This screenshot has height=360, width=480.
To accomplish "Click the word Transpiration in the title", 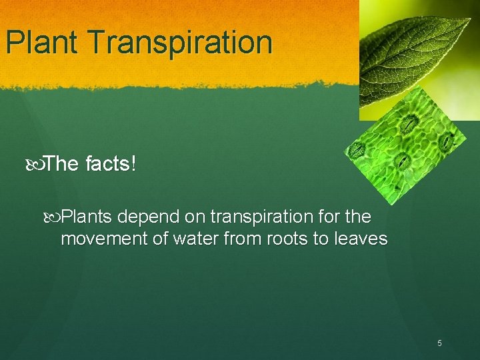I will pos(181,42).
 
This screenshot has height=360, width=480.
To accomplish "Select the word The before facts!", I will pos(63,164).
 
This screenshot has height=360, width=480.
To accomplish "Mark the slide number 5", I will pos(439,343).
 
